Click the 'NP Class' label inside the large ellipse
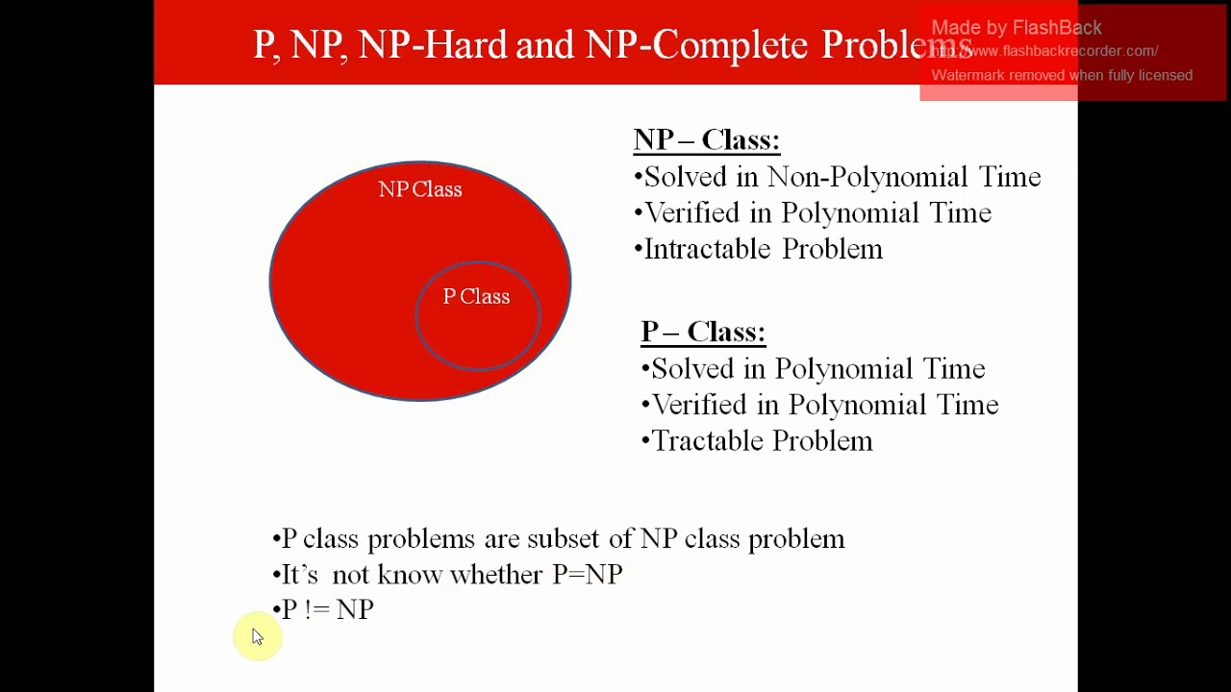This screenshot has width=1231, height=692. (420, 189)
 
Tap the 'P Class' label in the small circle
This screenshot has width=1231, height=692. (476, 297)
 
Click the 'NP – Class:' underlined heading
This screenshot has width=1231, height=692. (706, 140)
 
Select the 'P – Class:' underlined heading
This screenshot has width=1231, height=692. (703, 332)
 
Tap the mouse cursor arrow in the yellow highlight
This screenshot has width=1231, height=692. (257, 636)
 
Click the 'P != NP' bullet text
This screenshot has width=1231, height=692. (327, 609)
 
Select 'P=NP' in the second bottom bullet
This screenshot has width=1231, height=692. (587, 575)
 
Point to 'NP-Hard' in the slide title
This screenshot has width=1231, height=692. (432, 45)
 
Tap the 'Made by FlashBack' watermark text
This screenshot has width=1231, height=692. (1016, 28)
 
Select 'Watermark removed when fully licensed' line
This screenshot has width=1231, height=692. (1061, 75)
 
